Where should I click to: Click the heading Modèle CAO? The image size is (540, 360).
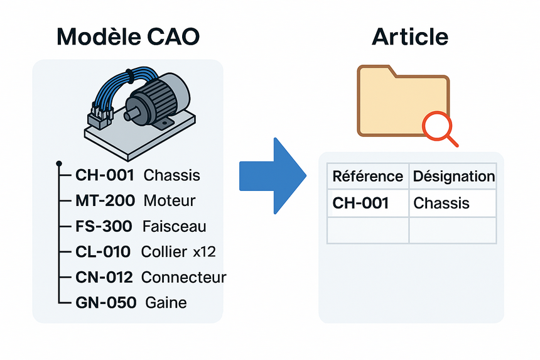(128, 37)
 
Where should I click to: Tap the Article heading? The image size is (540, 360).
(410, 37)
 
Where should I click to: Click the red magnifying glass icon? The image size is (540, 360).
(437, 128)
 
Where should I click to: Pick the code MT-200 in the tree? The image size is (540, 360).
(105, 201)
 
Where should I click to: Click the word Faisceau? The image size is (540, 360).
(175, 226)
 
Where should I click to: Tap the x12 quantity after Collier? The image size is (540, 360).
(204, 252)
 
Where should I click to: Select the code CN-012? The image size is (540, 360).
(105, 277)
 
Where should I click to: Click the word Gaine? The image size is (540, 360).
(166, 303)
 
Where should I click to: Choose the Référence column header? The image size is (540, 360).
(368, 177)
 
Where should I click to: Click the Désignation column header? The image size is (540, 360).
(453, 177)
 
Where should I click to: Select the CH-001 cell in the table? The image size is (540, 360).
(360, 203)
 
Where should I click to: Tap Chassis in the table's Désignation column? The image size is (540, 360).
(441, 203)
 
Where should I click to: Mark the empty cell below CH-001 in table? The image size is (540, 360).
(368, 230)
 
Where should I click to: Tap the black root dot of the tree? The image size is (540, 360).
(58, 163)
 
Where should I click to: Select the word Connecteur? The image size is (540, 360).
(183, 277)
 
